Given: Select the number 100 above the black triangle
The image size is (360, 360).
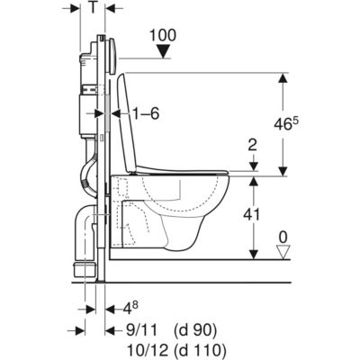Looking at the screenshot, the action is [163, 35].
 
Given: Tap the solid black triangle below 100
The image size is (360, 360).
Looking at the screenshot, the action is [164, 51].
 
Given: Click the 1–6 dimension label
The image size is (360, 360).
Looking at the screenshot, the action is [146, 114].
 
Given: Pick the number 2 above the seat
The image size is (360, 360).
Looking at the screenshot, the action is [253, 146].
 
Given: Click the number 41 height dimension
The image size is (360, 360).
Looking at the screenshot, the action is [252, 215].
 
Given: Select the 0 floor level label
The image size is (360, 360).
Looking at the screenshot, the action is [283, 238].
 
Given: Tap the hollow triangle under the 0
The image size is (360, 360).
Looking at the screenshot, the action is [283, 252].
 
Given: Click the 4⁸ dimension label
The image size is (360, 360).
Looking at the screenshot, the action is [130, 309].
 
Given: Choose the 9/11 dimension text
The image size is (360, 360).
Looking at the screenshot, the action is [140, 331].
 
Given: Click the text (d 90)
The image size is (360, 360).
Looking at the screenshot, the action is [195, 331].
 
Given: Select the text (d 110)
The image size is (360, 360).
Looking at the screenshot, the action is [200, 350].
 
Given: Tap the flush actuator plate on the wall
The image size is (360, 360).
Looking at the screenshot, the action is [112, 57].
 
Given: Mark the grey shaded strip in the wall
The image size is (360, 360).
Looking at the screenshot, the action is [108, 112].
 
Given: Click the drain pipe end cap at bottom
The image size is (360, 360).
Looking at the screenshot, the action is [85, 268].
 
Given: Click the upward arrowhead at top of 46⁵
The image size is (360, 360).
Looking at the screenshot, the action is [283, 79].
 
